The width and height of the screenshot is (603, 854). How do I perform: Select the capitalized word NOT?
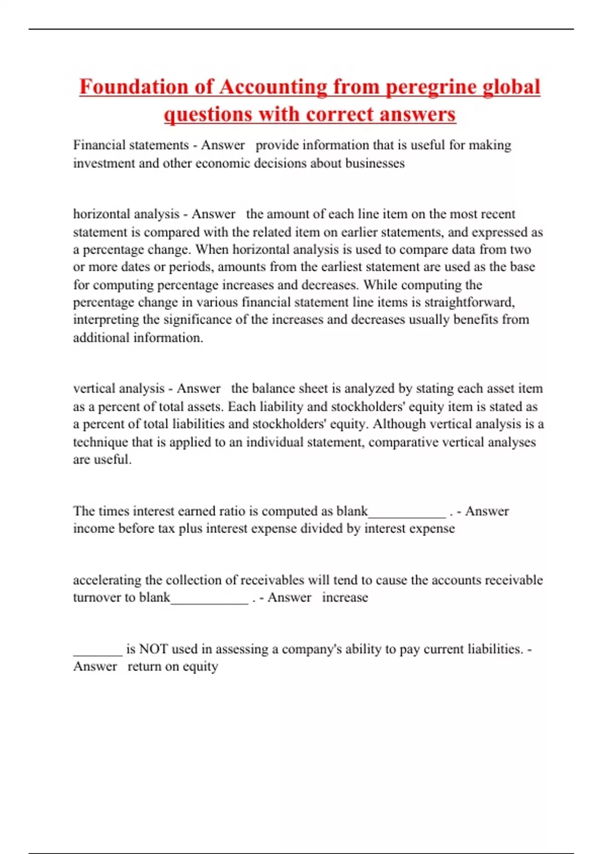click(153, 649)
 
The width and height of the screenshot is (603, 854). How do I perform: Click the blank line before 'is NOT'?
click(97, 652)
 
